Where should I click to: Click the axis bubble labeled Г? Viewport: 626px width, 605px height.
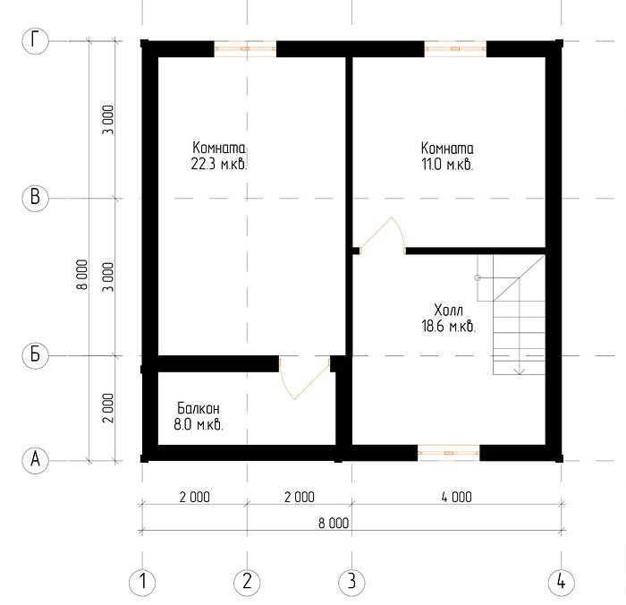35,41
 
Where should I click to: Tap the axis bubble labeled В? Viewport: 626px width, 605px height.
35,198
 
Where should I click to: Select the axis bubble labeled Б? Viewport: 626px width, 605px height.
35,354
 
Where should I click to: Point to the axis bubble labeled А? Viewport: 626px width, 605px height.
35,460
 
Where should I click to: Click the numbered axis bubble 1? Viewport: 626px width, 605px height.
142,582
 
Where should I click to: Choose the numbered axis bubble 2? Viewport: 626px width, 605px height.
247,582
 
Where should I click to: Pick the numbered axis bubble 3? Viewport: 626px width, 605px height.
351,582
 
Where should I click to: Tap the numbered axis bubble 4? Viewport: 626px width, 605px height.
561,582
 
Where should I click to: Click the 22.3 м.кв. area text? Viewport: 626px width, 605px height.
219,165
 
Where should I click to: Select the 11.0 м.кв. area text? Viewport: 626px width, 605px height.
447,165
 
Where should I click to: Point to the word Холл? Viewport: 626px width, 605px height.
448,310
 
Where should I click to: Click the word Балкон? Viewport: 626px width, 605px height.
199,408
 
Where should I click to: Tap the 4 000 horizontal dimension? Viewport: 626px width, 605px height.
457,497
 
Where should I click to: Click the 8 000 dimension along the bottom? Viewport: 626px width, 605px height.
334,523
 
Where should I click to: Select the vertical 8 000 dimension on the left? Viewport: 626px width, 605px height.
82,275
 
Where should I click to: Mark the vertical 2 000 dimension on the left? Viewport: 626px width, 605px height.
108,408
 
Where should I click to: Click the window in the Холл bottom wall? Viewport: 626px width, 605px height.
449,453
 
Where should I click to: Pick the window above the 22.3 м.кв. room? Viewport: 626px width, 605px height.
245,48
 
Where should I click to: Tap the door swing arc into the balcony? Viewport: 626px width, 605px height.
284,382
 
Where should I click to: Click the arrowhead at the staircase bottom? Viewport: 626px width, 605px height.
519,372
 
